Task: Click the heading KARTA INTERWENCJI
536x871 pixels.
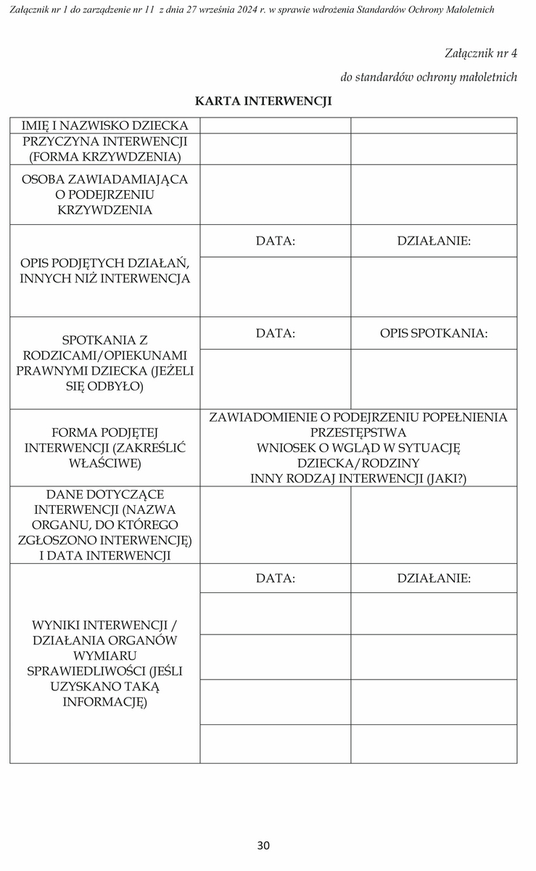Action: tap(263, 101)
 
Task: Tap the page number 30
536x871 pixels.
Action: tap(263, 845)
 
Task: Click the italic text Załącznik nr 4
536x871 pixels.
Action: tap(481, 53)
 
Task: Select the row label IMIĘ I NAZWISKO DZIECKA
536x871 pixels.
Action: tap(105, 126)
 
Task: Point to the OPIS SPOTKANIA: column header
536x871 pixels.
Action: tap(434, 333)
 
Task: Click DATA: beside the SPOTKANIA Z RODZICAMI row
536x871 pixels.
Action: tap(276, 333)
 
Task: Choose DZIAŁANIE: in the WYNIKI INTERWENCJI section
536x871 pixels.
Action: tap(434, 578)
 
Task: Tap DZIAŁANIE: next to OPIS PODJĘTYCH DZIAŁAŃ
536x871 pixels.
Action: tap(434, 241)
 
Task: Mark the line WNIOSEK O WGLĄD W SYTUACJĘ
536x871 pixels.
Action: tap(358, 448)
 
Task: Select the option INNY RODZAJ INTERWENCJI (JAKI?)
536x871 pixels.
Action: tap(358, 478)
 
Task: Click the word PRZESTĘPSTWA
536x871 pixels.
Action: tap(358, 433)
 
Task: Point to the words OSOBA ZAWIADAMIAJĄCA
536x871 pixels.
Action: tap(105, 179)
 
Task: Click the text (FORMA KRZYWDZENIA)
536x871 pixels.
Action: tap(105, 156)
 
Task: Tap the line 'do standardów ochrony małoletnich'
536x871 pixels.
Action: tap(429, 77)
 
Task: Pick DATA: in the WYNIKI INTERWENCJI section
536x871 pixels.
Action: tap(276, 578)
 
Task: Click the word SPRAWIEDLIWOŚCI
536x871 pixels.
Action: tap(105, 671)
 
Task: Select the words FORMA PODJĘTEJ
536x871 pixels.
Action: tap(105, 433)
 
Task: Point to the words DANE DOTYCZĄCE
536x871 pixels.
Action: tap(105, 494)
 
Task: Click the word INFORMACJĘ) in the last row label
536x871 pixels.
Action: tap(105, 702)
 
